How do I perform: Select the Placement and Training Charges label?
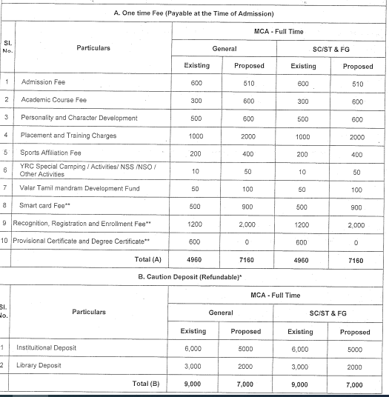point(69,136)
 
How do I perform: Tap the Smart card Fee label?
point(47,205)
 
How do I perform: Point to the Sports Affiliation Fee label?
point(56,153)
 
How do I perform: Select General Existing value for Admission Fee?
point(196,83)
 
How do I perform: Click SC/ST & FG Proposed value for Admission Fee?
point(358,83)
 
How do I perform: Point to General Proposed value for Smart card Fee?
point(249,205)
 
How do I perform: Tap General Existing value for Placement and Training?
point(196,136)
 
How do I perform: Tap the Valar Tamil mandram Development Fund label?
point(80,188)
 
